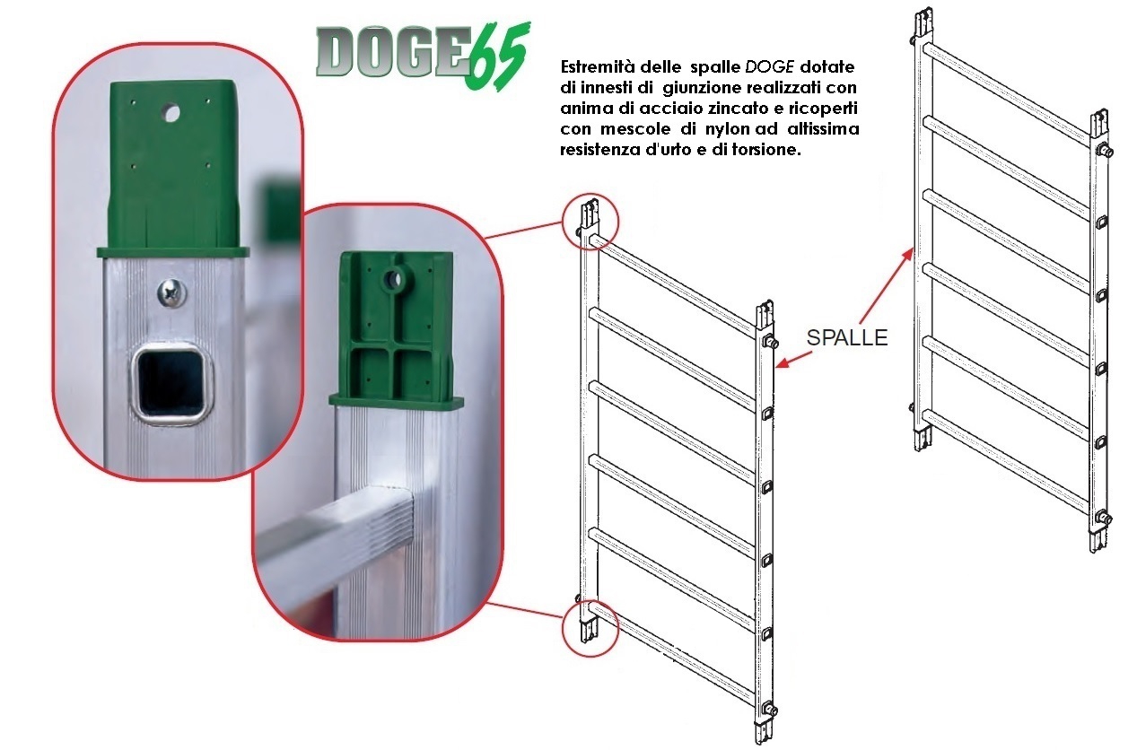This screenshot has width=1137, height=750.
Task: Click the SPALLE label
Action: [847, 338]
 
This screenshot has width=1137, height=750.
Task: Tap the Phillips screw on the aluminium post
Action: [172, 293]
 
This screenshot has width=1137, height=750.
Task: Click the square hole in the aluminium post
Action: [171, 384]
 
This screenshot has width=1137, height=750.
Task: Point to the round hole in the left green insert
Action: [171, 114]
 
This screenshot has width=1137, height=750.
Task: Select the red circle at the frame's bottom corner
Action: [590, 628]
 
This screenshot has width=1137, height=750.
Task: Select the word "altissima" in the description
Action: [823, 129]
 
